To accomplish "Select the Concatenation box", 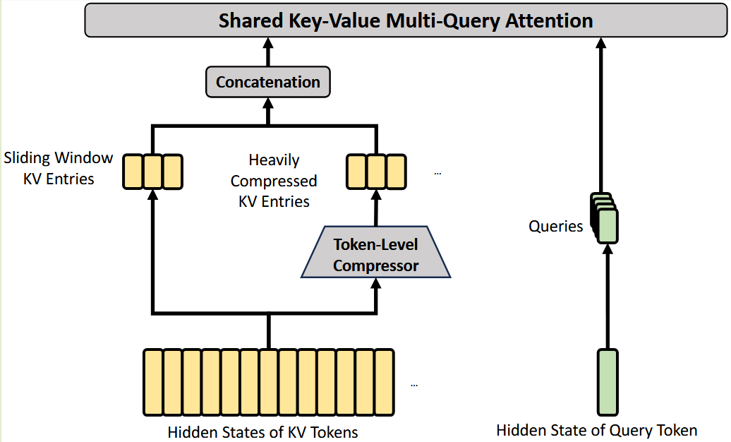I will pos(268,82).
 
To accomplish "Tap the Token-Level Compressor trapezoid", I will pos(375,255).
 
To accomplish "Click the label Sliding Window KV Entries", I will pos(58,167).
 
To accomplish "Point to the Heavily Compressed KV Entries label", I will pos(274,181).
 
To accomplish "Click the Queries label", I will pos(556,227).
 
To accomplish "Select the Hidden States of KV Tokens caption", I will pos(262,431).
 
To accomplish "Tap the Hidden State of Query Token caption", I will pos(596,430).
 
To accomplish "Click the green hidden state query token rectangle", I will pos(607,381).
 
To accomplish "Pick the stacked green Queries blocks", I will pos(604,217).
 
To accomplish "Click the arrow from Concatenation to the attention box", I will pos(268,53).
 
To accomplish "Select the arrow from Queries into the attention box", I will pos(601,113).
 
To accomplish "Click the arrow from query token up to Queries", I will pos(607,297).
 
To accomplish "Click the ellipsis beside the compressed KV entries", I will pos(437,173).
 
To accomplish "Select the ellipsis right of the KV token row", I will pos(414,386).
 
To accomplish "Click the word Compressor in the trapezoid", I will pos(375,266).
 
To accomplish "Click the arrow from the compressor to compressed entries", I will pos(375,208).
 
